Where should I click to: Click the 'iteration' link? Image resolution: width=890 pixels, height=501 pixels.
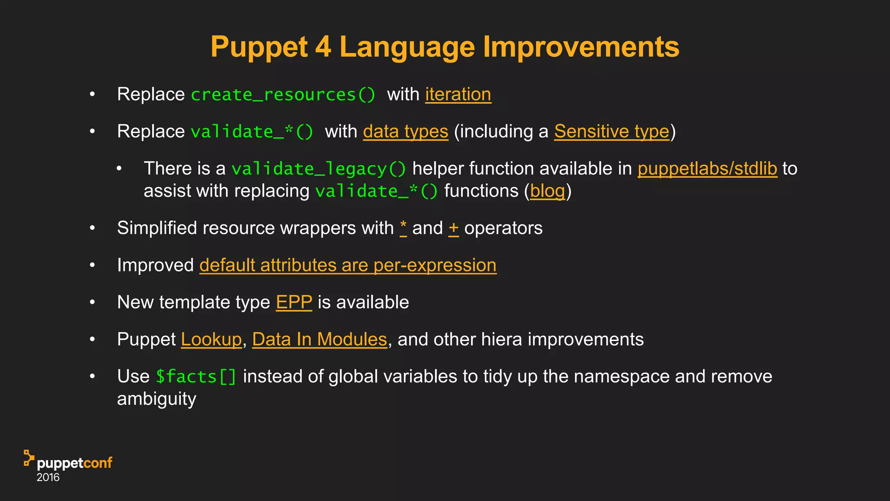458,94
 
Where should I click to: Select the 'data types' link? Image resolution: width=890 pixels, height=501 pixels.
405,131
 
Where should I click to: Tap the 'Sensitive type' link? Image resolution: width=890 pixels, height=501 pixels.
611,131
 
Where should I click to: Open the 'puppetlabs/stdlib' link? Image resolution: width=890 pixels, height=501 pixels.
707,168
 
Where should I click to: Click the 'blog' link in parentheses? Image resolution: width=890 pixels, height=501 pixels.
547,191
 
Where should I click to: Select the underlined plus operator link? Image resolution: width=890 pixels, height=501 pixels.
454,228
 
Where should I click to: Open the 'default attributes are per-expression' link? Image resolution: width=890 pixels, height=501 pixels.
348,265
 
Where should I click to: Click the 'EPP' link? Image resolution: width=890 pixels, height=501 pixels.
294,302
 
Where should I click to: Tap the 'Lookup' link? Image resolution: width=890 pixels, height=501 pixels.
211,339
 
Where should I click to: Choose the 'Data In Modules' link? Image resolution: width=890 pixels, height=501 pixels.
319,339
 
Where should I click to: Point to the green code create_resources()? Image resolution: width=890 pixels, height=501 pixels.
283,95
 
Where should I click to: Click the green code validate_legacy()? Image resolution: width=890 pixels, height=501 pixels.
319,169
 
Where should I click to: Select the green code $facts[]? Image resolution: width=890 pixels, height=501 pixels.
196,377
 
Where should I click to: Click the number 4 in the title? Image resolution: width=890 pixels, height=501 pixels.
323,47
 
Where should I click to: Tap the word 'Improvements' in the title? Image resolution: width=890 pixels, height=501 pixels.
581,47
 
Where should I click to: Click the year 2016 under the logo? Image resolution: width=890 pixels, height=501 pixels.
48,478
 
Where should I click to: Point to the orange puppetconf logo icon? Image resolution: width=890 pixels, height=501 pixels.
29,458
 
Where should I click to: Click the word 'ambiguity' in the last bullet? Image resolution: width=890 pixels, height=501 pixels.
156,399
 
